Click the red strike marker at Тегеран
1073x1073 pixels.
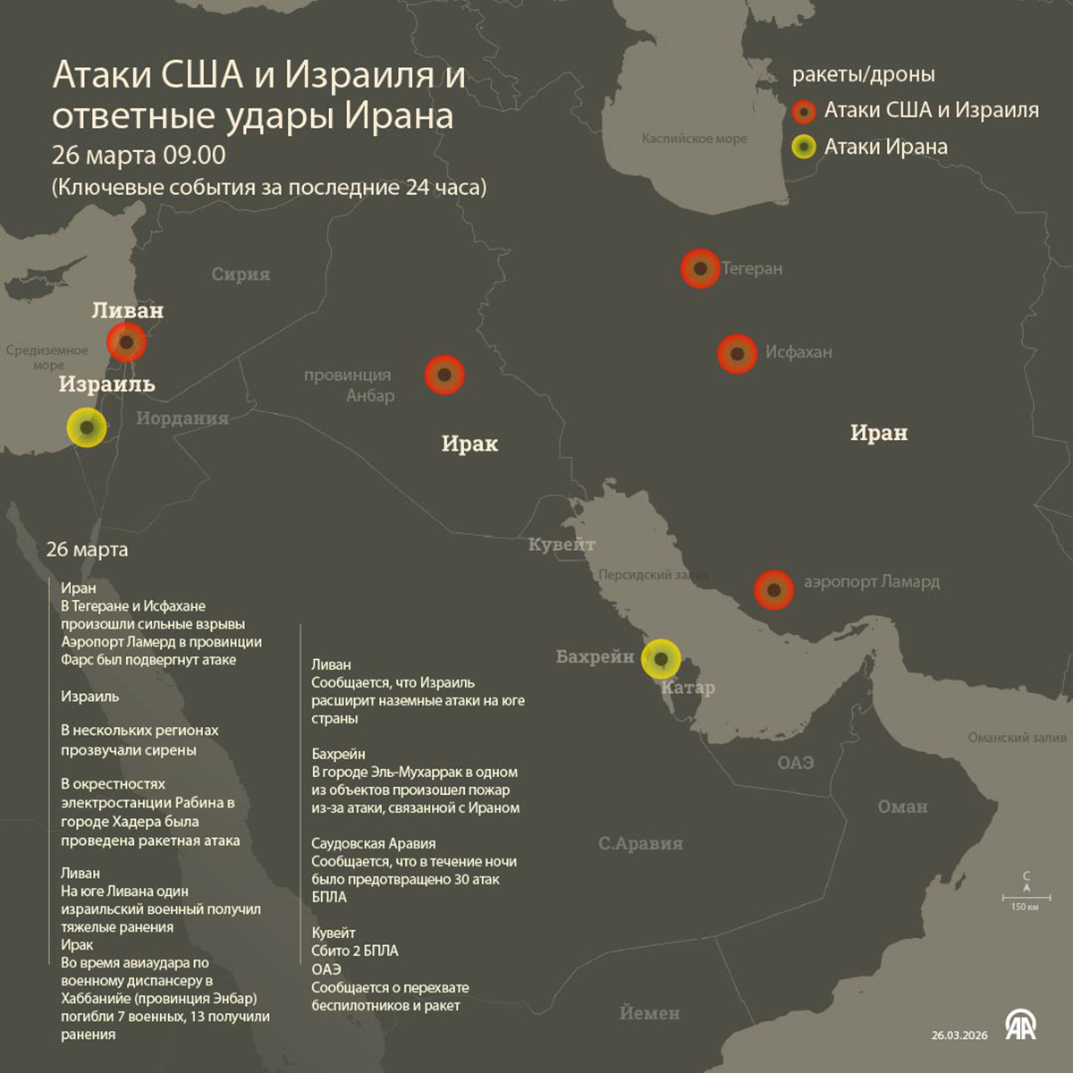(700, 268)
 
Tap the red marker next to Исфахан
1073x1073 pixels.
(738, 354)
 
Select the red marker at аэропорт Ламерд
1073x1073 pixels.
(773, 590)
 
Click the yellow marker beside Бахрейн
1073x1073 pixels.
(661, 659)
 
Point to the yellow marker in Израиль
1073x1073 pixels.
(87, 427)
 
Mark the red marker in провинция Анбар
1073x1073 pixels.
(444, 375)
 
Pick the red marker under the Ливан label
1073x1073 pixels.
(127, 342)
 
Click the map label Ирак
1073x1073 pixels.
(469, 444)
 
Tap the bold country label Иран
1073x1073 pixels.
(878, 433)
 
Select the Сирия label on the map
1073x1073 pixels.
(241, 275)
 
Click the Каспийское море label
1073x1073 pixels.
(694, 139)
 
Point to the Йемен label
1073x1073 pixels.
(650, 1013)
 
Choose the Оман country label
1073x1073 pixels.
(902, 807)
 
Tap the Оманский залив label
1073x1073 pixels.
(1017, 738)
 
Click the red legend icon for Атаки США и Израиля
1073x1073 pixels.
(805, 112)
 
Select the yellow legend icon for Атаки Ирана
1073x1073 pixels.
(805, 147)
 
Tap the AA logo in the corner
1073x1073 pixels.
(1020, 1025)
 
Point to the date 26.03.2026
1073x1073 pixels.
(959, 1035)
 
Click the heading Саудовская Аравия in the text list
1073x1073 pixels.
(374, 843)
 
